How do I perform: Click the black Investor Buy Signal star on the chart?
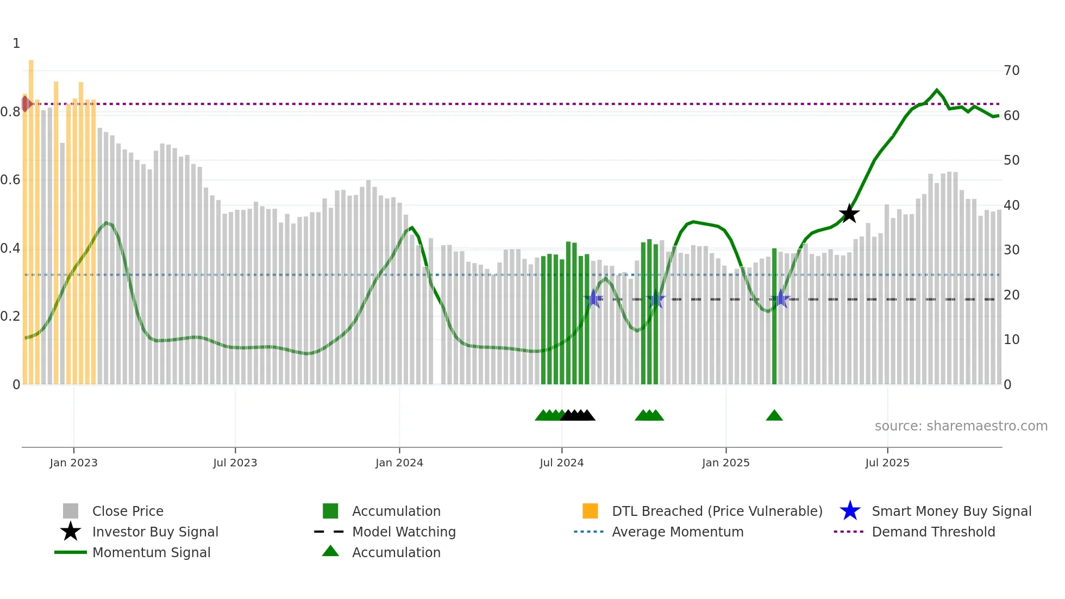[x=849, y=214]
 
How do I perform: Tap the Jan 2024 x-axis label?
[x=399, y=463]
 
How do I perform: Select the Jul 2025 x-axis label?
[x=887, y=463]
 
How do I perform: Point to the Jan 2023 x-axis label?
[x=73, y=463]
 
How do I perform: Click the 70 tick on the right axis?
[x=1011, y=71]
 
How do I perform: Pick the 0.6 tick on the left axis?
[x=10, y=180]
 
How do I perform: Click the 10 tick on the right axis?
[x=1011, y=340]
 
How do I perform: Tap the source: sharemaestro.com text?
[x=961, y=426]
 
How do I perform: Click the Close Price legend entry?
[x=128, y=511]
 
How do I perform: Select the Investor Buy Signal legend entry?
[x=155, y=532]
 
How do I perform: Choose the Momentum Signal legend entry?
[x=151, y=552]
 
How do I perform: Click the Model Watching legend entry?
[x=404, y=532]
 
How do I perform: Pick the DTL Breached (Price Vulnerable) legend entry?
[x=717, y=511]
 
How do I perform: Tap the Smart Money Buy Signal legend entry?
[x=951, y=511]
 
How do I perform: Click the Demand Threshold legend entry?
[x=933, y=532]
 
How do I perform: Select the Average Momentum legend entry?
[x=677, y=532]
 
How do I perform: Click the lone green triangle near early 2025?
[x=774, y=416]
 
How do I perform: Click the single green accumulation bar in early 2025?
[x=774, y=315]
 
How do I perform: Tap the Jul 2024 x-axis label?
[x=561, y=463]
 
